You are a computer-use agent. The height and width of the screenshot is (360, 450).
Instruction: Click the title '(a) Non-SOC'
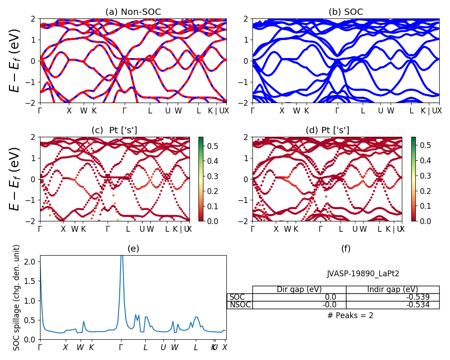(x=133, y=12)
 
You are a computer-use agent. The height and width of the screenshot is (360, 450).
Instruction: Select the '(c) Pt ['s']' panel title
(x=114, y=130)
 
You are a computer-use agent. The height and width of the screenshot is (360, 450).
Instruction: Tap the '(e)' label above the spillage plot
(x=133, y=248)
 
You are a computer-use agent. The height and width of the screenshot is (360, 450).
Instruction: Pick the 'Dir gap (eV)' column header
(x=299, y=289)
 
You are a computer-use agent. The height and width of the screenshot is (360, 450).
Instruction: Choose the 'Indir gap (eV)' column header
(x=392, y=289)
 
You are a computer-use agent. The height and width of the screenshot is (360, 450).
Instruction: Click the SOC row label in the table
(x=237, y=297)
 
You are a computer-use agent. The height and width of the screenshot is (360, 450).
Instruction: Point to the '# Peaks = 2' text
(x=350, y=315)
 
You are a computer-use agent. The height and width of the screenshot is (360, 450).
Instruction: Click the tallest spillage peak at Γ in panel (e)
(x=121, y=257)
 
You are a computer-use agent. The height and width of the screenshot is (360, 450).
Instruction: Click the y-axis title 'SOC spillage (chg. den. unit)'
(x=17, y=297)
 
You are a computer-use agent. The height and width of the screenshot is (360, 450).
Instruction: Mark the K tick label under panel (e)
(x=91, y=347)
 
